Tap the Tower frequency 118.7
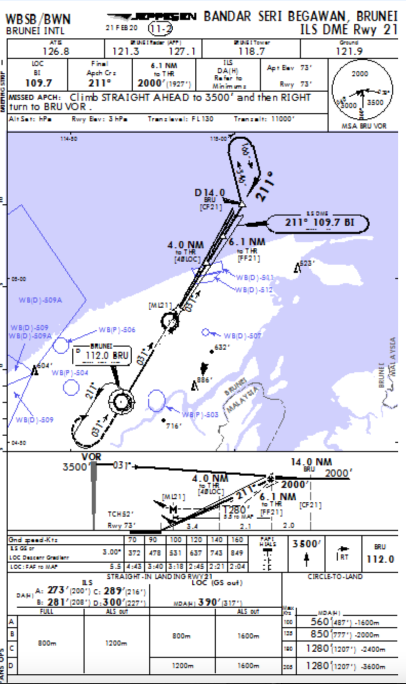click(x=251, y=51)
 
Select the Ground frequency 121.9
click(x=349, y=51)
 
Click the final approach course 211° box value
click(x=100, y=82)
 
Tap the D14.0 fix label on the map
click(x=210, y=193)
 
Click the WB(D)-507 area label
click(x=242, y=336)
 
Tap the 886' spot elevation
click(x=204, y=380)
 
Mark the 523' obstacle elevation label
click(x=306, y=263)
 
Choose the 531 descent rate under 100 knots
click(x=175, y=553)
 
